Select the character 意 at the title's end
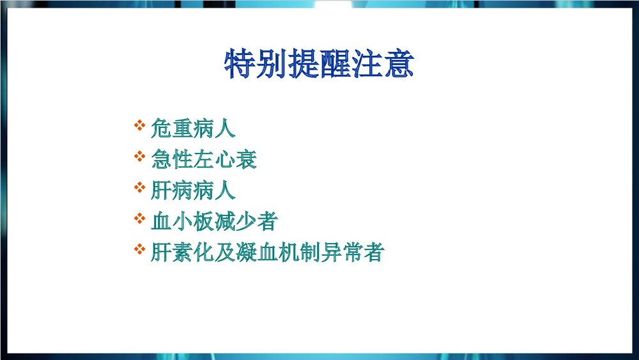[x=399, y=64]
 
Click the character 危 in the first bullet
[x=162, y=129]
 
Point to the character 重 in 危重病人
[x=183, y=129]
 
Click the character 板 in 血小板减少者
[x=204, y=222]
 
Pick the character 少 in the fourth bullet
[x=246, y=222]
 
